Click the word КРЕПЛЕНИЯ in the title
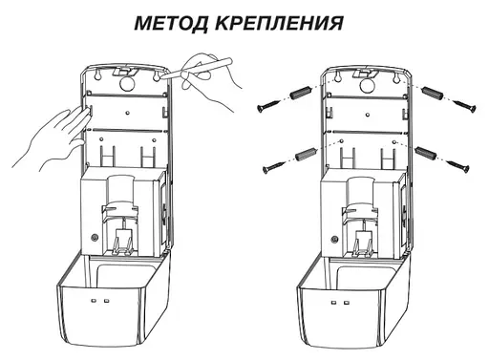pos(276,22)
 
